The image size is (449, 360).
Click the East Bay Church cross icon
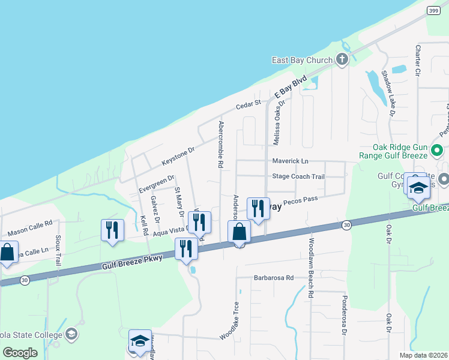click(342, 59)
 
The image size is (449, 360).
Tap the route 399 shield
click(433, 11)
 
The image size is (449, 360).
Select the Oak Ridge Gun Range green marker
click(436, 150)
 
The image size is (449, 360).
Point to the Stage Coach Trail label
click(298, 176)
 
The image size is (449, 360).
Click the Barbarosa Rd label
click(273, 278)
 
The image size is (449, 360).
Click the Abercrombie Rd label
click(221, 144)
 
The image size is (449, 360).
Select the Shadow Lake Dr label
click(388, 94)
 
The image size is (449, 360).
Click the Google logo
click(20, 352)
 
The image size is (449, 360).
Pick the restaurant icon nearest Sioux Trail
click(113, 230)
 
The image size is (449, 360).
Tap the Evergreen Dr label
click(155, 182)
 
